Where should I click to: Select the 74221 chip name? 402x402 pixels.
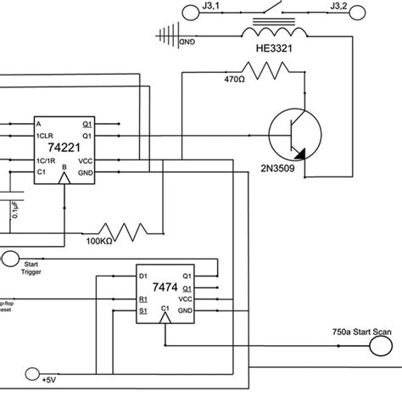pos(64,146)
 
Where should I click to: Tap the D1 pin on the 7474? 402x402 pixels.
pos(143,276)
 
